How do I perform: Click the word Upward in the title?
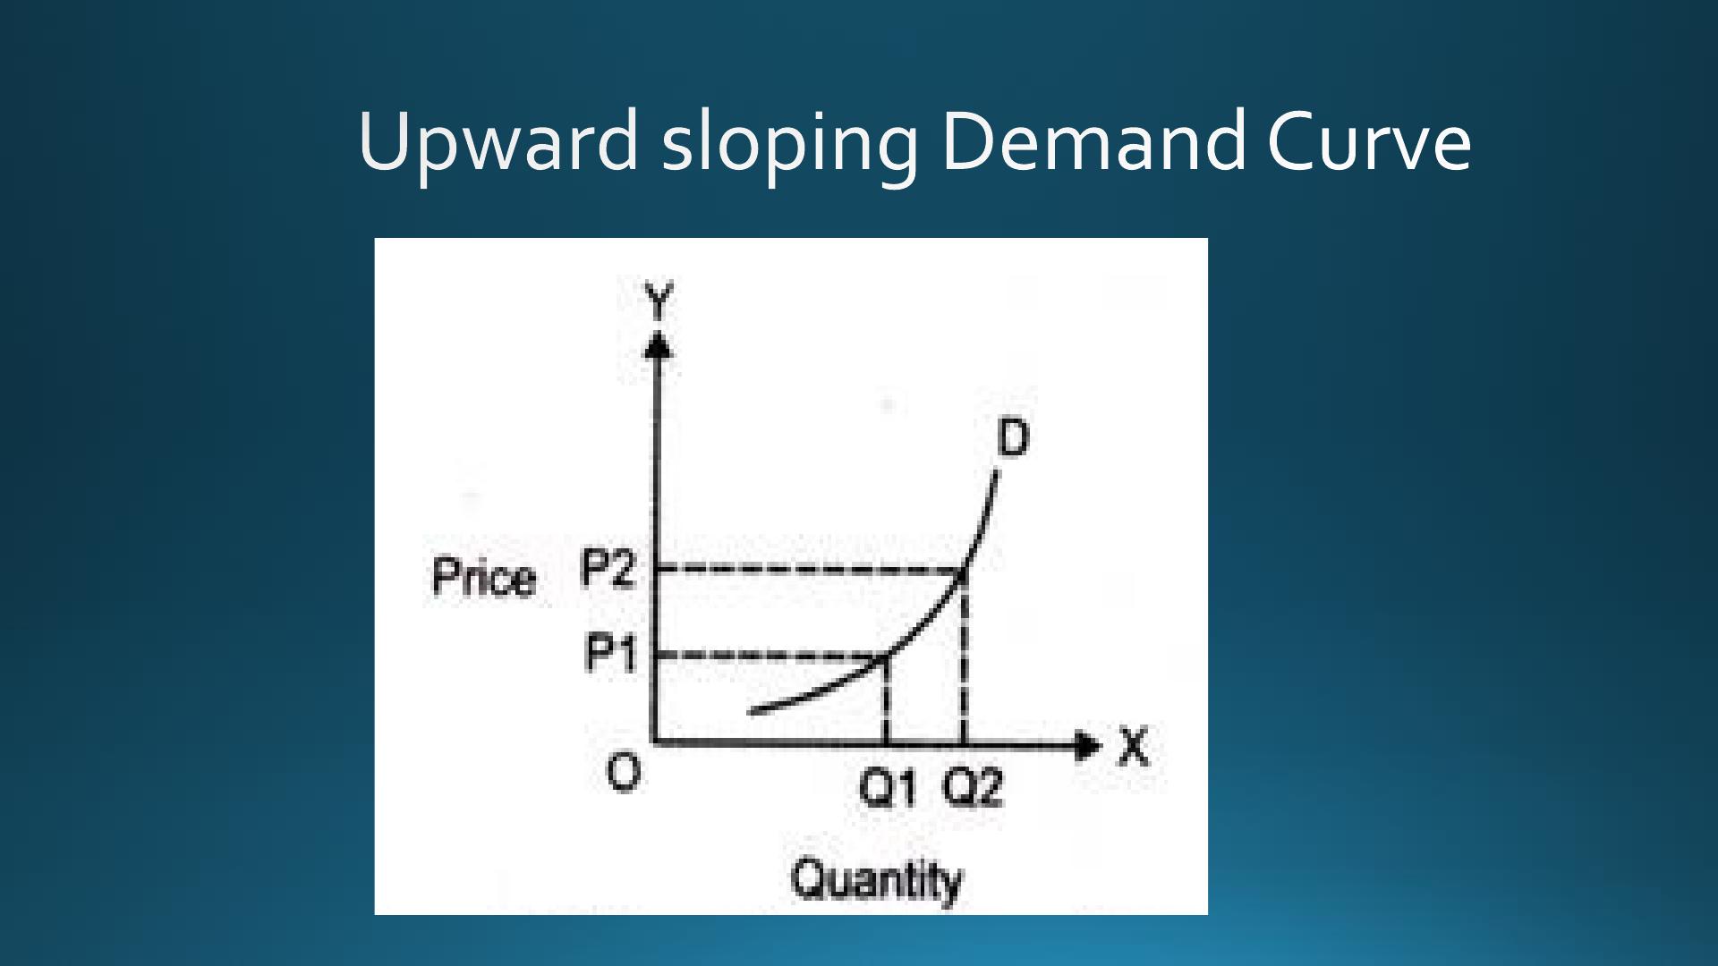pyautogui.click(x=498, y=143)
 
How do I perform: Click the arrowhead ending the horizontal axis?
pyautogui.click(x=1087, y=744)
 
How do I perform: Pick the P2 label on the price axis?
pyautogui.click(x=608, y=568)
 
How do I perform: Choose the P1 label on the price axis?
pyautogui.click(x=611, y=653)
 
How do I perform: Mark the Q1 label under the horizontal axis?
pyautogui.click(x=888, y=788)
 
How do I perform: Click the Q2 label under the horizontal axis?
pyautogui.click(x=973, y=788)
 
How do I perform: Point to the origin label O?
pyautogui.click(x=624, y=772)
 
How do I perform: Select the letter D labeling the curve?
pyautogui.click(x=1013, y=438)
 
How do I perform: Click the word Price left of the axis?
pyautogui.click(x=484, y=577)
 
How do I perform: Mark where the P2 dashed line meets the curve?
pyautogui.click(x=964, y=570)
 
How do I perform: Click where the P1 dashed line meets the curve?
pyautogui.click(x=886, y=657)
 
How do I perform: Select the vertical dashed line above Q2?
pyautogui.click(x=964, y=657)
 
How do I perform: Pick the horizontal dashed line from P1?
pyautogui.click(x=771, y=657)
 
